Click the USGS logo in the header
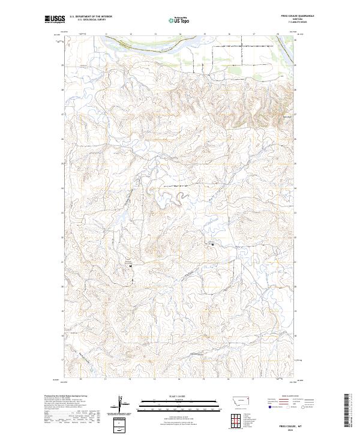[54, 19]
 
